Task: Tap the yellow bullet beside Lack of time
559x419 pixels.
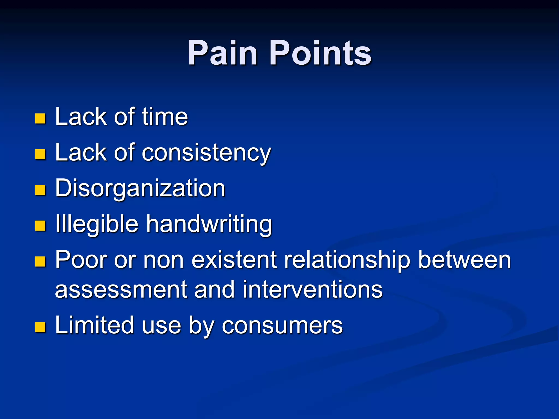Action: tap(40, 118)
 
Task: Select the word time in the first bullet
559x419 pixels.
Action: tap(165, 117)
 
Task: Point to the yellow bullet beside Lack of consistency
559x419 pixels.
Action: tap(40, 154)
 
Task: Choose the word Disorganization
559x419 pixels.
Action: tap(140, 188)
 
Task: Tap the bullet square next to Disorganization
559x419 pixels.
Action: tap(40, 190)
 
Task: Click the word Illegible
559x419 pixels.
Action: tap(97, 224)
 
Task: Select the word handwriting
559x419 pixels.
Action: tap(209, 224)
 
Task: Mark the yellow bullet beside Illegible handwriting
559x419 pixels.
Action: tap(40, 226)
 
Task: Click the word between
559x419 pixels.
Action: tap(464, 260)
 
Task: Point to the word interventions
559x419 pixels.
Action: tap(313, 290)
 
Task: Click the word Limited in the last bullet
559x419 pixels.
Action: tap(94, 325)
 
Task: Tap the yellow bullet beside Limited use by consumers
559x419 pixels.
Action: tap(40, 327)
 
